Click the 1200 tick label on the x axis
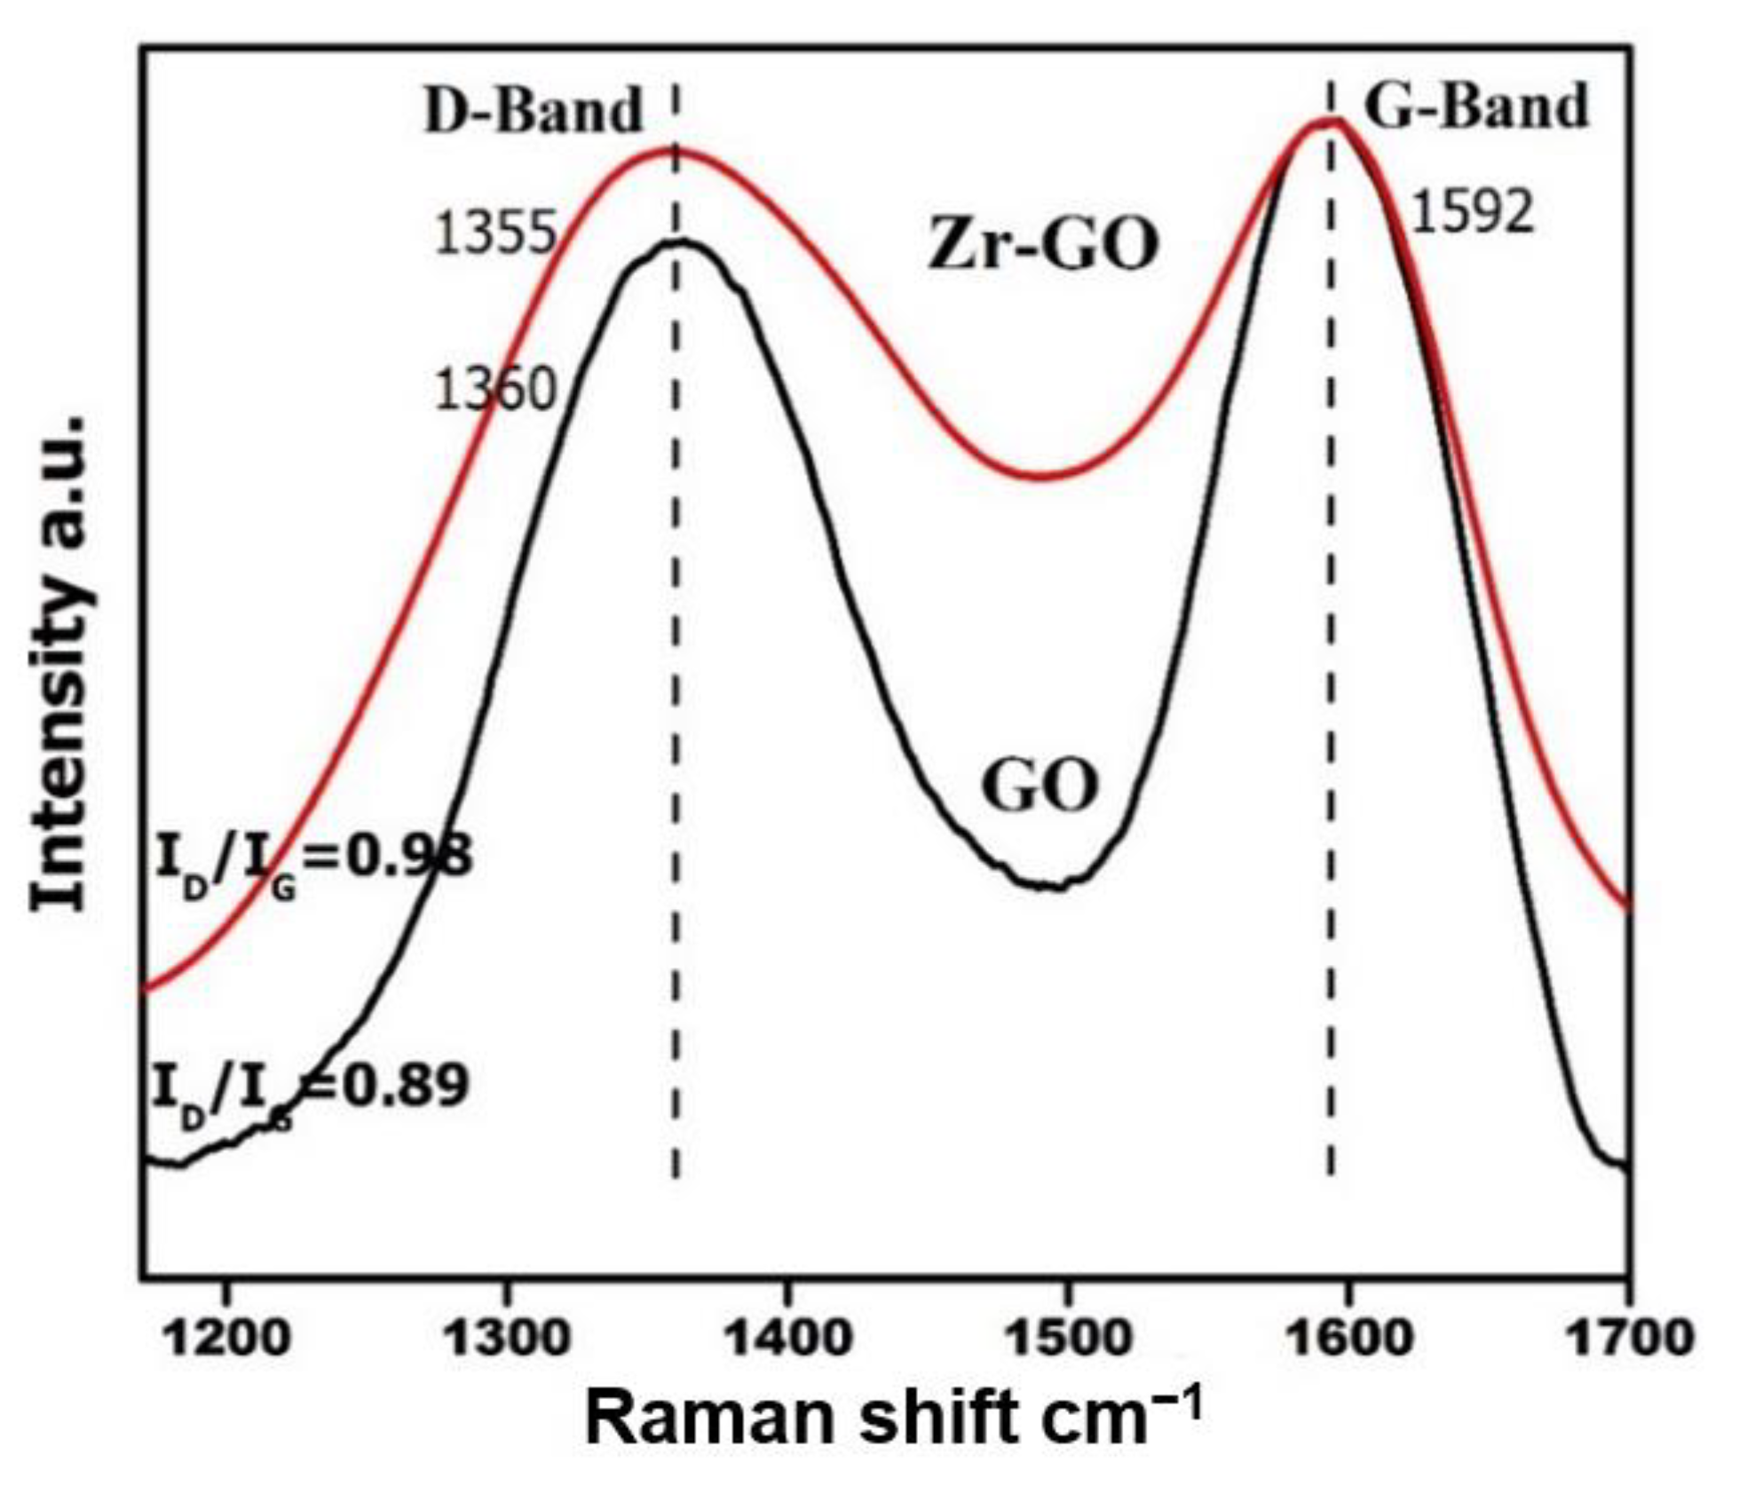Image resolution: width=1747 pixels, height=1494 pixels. pyautogui.click(x=228, y=1337)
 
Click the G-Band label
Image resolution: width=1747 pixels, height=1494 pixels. pyautogui.click(x=1475, y=107)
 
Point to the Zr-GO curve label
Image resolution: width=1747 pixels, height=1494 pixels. pyautogui.click(x=1043, y=244)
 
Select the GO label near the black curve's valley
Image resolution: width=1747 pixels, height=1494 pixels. pyautogui.click(x=1040, y=786)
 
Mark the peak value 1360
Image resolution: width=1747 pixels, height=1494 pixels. pyautogui.click(x=495, y=390)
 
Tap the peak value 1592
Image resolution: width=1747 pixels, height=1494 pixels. pyautogui.click(x=1472, y=214)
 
